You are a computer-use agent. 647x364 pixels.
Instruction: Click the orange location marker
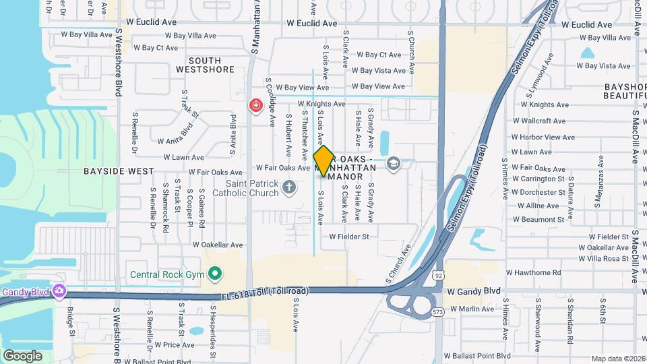(x=323, y=161)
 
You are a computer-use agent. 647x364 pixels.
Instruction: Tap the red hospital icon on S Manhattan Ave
(x=255, y=105)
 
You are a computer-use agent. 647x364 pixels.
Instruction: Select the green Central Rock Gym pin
(x=215, y=274)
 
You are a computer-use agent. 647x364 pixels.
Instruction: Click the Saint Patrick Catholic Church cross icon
(x=289, y=187)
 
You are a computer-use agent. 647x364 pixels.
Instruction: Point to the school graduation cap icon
(x=393, y=163)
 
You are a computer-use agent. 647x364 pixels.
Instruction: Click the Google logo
(x=23, y=355)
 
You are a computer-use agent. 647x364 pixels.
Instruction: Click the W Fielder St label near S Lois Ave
(x=349, y=237)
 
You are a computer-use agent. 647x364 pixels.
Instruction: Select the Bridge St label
(x=70, y=321)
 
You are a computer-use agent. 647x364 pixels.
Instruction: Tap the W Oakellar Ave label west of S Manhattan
(x=217, y=245)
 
